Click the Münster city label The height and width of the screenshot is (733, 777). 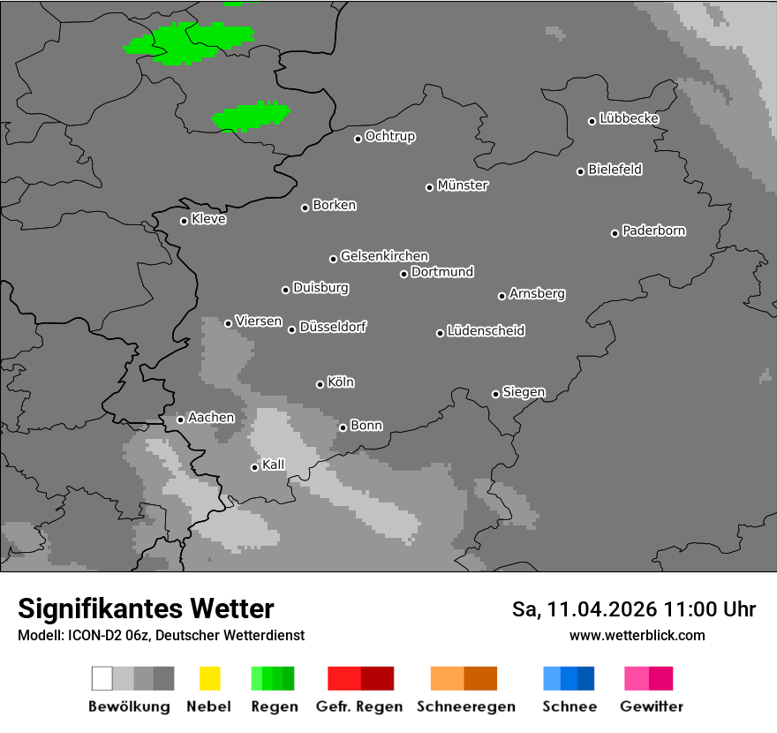[463, 185]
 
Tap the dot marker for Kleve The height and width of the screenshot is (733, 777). [184, 221]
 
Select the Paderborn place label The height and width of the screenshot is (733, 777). [653, 230]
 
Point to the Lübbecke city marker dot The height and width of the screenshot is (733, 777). [592, 121]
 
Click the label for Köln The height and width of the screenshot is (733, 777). [341, 382]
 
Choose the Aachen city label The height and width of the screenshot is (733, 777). [211, 418]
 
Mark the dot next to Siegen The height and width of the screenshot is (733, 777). [495, 394]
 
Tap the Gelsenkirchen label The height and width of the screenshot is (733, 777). [384, 256]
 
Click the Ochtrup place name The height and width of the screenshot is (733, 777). [389, 136]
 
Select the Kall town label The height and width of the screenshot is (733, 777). [273, 465]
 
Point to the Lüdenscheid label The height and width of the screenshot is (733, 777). [486, 331]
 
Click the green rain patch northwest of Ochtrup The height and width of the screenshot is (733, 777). [251, 116]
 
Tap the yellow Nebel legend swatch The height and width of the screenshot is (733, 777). [209, 678]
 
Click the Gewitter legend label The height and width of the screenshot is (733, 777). [652, 707]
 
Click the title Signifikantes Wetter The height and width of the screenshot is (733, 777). [146, 608]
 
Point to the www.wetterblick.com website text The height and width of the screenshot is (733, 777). [637, 635]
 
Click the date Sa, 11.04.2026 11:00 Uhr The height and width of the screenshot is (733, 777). [633, 609]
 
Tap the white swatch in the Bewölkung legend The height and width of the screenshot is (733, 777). [102, 678]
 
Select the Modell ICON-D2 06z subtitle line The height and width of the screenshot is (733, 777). [161, 635]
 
